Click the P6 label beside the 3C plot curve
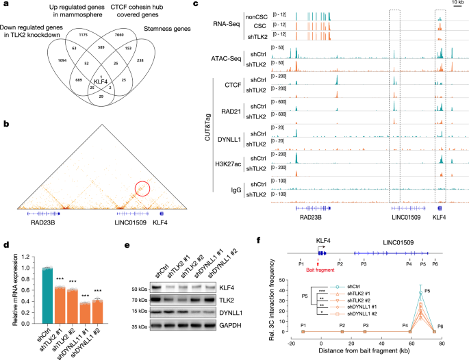pyautogui.click(x=441, y=328)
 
